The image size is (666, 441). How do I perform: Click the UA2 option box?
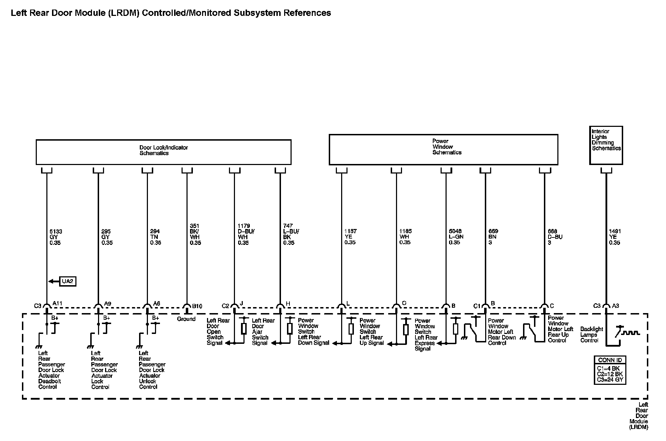(x=67, y=281)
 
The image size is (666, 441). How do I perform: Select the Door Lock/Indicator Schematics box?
(x=163, y=152)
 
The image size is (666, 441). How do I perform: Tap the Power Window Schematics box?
(x=443, y=149)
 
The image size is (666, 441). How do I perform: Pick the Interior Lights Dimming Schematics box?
(x=606, y=145)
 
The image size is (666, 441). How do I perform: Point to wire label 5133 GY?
(x=56, y=237)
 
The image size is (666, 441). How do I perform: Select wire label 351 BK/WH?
(x=195, y=234)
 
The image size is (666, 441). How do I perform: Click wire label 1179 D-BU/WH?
(x=246, y=234)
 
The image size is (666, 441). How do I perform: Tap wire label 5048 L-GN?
(x=455, y=237)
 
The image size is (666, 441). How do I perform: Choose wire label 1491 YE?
(x=615, y=237)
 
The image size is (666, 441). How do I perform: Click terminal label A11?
(x=57, y=303)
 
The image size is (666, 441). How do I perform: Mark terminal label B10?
(x=197, y=306)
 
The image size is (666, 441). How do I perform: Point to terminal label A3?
(x=615, y=306)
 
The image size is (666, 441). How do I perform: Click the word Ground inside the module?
(x=186, y=319)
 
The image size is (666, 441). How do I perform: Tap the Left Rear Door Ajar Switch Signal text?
(x=263, y=332)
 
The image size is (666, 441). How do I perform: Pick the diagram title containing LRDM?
(x=171, y=13)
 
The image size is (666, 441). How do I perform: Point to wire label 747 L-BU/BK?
(x=291, y=234)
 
